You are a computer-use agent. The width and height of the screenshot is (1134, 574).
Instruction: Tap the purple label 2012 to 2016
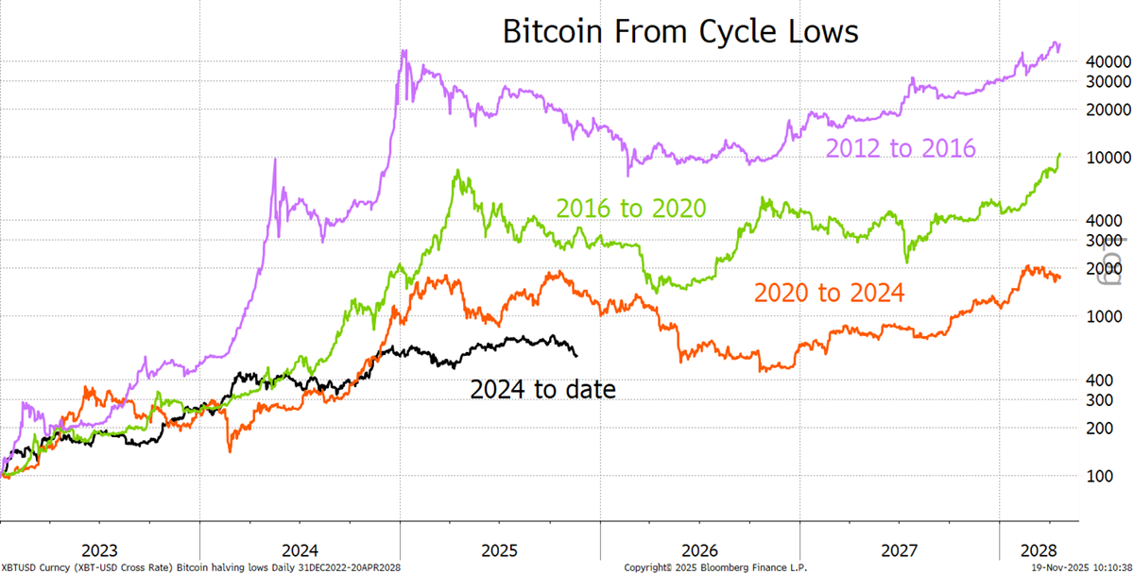pos(900,148)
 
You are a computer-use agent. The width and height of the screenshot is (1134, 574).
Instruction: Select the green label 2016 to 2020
pos(631,209)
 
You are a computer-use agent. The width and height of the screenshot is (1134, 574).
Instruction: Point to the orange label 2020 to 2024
pos(829,293)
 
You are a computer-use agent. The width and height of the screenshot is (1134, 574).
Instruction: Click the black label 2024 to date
pos(543,388)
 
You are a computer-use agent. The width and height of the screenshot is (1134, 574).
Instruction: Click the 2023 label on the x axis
pos(100,550)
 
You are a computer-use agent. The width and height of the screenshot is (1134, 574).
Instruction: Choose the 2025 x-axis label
pos(500,550)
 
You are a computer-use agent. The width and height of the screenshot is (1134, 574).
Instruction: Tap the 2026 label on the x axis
pos(700,550)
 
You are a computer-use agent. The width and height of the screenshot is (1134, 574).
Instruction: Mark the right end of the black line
pos(576,355)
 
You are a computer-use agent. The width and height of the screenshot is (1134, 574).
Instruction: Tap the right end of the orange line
pos(1060,278)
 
